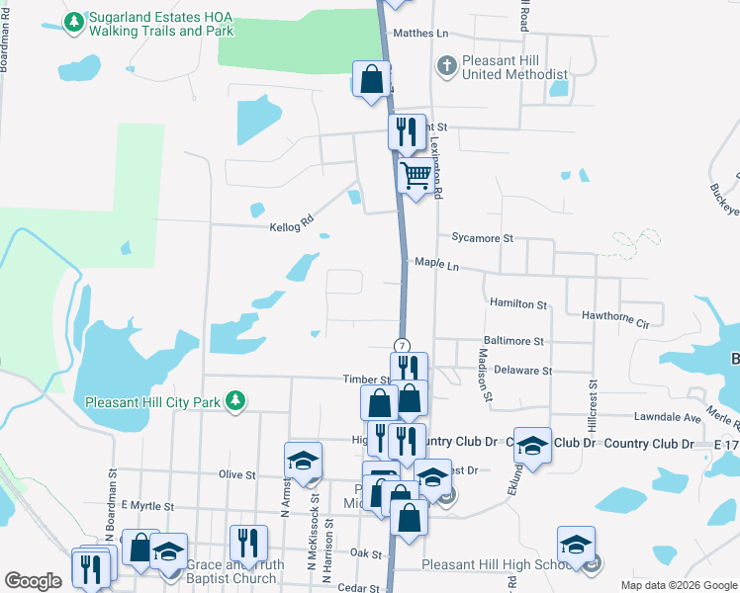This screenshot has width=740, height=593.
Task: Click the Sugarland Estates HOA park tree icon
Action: [x=74, y=22]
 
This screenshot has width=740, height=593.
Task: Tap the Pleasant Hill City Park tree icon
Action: [x=235, y=401]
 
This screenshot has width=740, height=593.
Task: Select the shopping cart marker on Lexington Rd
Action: [x=416, y=177]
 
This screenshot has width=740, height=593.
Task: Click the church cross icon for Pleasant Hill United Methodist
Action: [x=445, y=65]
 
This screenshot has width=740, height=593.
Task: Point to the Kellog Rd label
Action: [x=291, y=226]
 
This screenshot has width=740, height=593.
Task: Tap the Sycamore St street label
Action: [x=483, y=238]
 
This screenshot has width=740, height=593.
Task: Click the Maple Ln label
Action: [x=437, y=265]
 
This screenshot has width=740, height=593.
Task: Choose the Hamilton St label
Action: [x=518, y=305]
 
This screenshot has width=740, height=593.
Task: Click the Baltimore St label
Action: [x=511, y=341]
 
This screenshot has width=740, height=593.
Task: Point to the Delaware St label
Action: [x=518, y=370]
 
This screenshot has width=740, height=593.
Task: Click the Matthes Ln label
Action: [x=420, y=33]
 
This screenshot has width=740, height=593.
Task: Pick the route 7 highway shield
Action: [x=402, y=345]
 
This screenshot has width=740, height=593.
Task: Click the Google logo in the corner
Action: [x=33, y=581]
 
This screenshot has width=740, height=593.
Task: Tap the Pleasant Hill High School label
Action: [x=496, y=564]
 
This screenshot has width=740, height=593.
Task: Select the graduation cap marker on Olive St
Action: [x=303, y=460]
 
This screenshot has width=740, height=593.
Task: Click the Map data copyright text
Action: [x=679, y=585]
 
